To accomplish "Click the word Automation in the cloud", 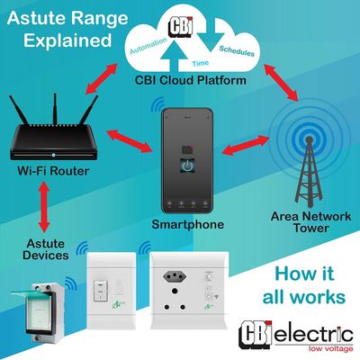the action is (x=148, y=46).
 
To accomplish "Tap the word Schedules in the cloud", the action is (x=237, y=51).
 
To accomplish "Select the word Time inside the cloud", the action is (x=201, y=63).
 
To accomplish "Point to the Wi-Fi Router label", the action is (x=53, y=171).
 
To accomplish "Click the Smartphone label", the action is (x=188, y=224).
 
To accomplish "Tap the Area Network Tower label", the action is (x=310, y=222).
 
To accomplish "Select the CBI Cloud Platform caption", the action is (x=191, y=80).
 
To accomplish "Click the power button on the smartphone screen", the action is (x=187, y=166).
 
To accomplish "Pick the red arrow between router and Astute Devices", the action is (x=44, y=207).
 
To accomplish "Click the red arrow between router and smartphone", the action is (x=130, y=140).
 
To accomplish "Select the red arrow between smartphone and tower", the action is (x=246, y=146).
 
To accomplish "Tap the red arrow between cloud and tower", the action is (x=281, y=82).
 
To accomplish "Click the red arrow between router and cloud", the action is (x=101, y=78).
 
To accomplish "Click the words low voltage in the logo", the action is (x=330, y=348).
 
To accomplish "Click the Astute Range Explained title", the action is (x=67, y=30).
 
